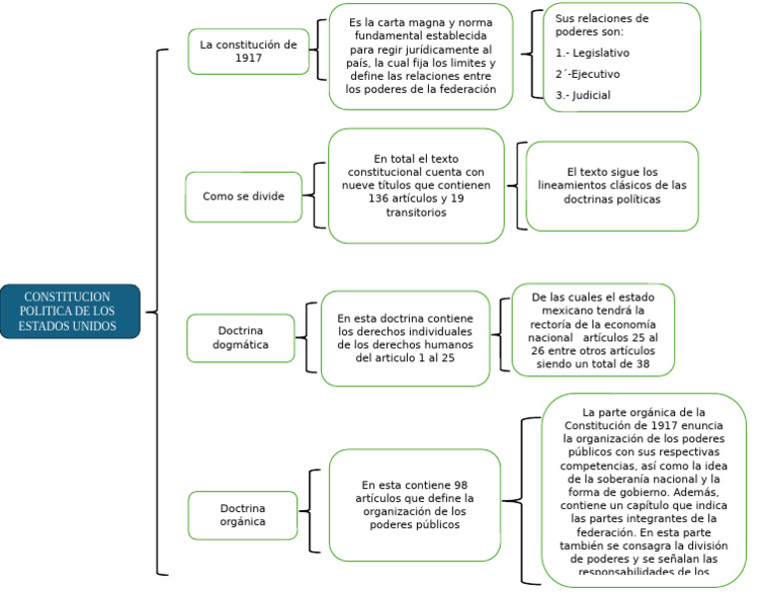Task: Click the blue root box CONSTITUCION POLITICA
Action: (x=70, y=311)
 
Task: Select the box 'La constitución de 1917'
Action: (x=248, y=52)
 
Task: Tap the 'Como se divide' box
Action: (x=243, y=197)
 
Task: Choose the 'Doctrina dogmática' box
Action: (x=242, y=337)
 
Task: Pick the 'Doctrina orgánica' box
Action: (x=242, y=514)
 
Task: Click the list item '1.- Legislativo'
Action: (x=592, y=53)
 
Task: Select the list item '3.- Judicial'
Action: (x=583, y=96)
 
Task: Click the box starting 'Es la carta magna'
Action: (x=420, y=56)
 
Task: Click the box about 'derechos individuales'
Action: (x=405, y=337)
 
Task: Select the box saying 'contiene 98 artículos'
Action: (x=414, y=505)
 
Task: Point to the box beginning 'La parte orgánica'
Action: (x=643, y=489)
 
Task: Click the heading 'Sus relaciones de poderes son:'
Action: (x=601, y=25)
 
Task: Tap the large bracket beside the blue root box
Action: (x=156, y=311)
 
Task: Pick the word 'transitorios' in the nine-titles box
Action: (x=416, y=213)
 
